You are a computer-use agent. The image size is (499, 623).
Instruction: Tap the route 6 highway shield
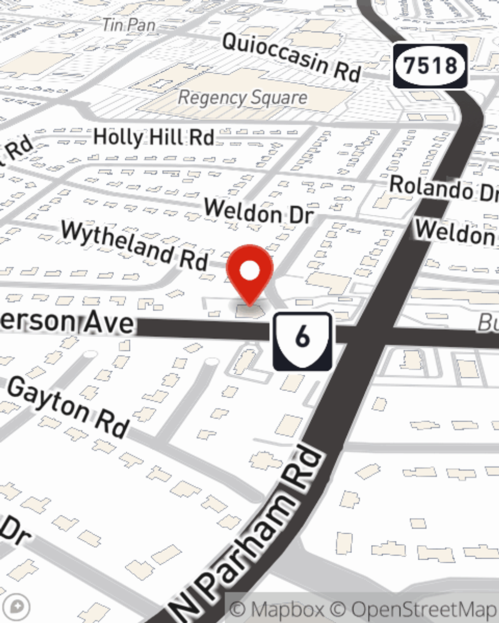point(302,342)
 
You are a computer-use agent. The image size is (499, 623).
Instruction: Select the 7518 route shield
point(430,66)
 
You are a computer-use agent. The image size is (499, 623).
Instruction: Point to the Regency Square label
point(243,98)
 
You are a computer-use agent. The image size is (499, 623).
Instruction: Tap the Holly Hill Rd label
point(154,137)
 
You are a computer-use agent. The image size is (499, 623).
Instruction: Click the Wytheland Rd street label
point(134,246)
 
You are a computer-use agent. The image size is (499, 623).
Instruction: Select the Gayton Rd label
point(68,407)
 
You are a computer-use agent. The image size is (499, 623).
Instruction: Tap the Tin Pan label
point(129,24)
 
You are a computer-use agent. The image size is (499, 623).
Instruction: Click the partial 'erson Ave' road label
point(67,321)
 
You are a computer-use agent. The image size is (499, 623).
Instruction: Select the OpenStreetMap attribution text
point(424,609)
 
